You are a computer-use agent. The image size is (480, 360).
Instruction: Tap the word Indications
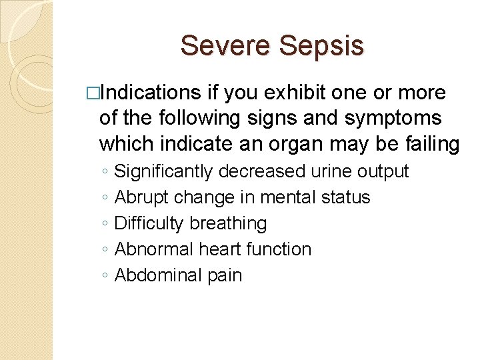tap(151, 93)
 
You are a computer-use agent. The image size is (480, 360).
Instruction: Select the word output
tap(383, 171)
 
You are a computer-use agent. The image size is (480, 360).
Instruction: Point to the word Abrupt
tap(142, 197)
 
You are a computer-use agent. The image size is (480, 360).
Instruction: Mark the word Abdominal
tap(155, 275)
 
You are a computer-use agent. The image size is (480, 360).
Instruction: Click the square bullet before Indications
tap(92, 93)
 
